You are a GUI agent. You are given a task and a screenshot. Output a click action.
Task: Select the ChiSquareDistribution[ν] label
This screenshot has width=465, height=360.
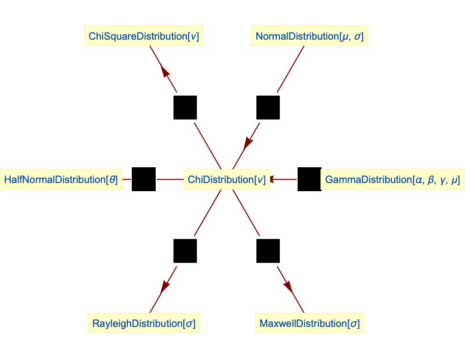(143, 37)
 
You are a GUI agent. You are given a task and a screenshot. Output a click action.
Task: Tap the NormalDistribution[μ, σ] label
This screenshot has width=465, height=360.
(309, 37)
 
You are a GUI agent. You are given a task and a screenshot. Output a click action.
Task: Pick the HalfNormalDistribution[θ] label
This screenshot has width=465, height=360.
(61, 180)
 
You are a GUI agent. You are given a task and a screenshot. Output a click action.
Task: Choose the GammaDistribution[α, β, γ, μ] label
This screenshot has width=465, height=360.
(392, 180)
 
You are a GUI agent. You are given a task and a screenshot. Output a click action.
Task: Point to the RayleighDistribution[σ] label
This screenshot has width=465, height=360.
(143, 323)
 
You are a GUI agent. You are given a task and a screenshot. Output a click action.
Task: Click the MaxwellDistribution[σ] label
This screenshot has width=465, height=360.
(309, 323)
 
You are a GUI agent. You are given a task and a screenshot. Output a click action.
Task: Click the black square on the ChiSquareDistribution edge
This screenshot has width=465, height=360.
(185, 107)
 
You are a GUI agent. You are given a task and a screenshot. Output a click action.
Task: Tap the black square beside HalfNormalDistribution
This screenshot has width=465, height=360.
(143, 179)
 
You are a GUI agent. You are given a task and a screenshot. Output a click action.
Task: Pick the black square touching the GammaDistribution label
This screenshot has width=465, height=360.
(309, 179)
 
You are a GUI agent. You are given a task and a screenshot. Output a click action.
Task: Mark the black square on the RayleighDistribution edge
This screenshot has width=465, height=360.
(185, 251)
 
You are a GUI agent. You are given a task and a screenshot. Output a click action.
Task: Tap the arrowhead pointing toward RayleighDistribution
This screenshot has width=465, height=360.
(164, 287)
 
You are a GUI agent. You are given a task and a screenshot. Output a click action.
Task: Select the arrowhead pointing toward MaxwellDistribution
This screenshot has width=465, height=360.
(288, 287)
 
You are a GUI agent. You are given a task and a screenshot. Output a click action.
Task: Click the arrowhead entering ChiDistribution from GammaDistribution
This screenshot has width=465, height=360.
(273, 179)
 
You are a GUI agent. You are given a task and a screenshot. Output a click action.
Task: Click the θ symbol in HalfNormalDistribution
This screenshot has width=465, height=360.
(112, 180)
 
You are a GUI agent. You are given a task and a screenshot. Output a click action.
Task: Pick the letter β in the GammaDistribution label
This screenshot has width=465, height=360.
(431, 181)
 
